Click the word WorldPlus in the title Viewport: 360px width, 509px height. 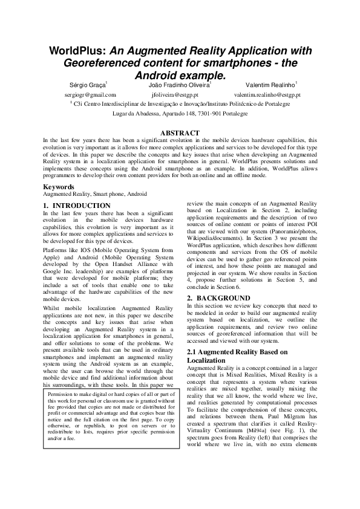coord(73,51)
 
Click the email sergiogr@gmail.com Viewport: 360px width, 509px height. coord(90,95)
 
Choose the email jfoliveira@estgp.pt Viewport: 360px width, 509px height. coord(180,95)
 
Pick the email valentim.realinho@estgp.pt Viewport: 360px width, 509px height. coord(267,95)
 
